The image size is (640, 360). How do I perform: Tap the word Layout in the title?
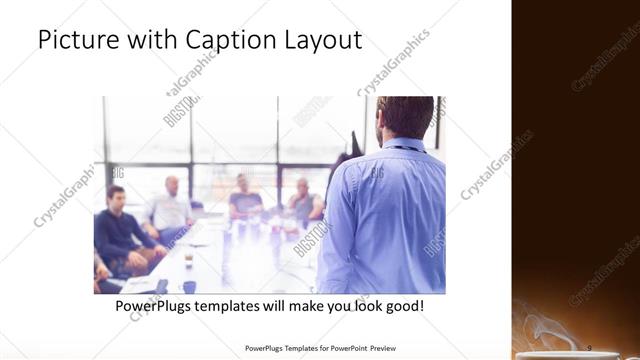point(321,42)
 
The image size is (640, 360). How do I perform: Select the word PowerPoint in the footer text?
point(338,349)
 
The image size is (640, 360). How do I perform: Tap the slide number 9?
point(588,347)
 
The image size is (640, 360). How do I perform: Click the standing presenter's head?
point(404,117)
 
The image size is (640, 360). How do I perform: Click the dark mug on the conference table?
point(188,287)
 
